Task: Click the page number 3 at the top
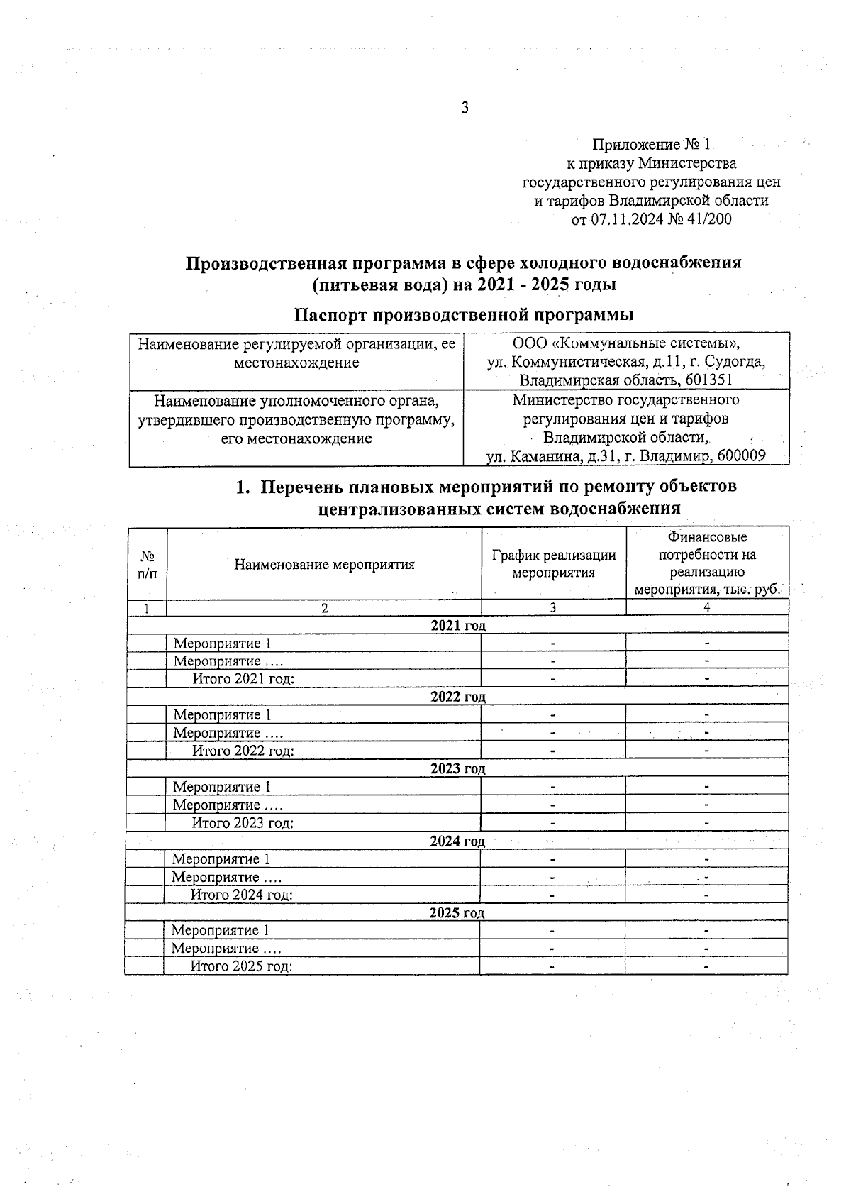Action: (465, 108)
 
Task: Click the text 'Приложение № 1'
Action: (651, 145)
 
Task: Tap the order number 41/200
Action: (708, 219)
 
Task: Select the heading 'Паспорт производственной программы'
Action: (464, 314)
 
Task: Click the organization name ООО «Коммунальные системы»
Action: (626, 344)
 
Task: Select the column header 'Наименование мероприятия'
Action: (324, 565)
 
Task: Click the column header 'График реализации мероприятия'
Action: (553, 564)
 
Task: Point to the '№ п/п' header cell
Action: (148, 564)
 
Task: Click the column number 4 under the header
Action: (707, 607)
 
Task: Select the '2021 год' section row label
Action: (458, 625)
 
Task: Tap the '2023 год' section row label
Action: (457, 768)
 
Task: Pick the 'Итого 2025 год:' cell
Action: (241, 966)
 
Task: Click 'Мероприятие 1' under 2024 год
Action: (221, 859)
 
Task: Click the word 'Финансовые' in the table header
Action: (707, 538)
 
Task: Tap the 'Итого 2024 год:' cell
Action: (242, 895)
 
